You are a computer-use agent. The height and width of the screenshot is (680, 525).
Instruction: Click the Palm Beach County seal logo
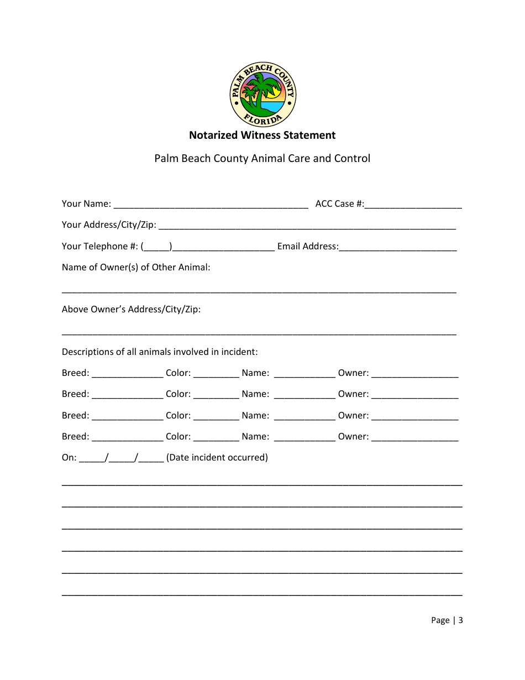tap(262, 95)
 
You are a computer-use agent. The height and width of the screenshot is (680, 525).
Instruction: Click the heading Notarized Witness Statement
tap(262, 135)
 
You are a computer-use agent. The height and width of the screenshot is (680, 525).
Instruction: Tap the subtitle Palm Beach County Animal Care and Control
tap(262, 159)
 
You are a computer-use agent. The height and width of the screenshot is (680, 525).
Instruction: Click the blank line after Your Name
tap(211, 205)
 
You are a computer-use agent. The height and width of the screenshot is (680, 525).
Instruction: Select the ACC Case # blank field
tap(413, 205)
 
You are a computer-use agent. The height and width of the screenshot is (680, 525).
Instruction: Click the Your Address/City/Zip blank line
tap(307, 226)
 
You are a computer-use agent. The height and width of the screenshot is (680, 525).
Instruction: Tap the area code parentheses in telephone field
tap(156, 247)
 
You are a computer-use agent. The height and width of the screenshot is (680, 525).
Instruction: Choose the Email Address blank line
tap(398, 247)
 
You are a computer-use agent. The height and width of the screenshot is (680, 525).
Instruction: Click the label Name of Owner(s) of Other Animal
tap(136, 268)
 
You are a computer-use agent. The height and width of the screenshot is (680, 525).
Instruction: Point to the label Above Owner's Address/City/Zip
tap(131, 310)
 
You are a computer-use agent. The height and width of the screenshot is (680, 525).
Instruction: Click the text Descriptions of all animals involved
tap(160, 352)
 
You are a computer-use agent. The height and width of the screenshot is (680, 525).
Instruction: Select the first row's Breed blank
tap(127, 374)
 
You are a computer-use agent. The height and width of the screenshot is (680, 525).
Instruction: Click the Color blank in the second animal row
tap(216, 395)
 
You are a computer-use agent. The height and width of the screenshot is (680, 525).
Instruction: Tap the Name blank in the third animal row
tap(305, 416)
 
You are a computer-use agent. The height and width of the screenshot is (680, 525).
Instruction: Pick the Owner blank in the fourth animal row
tap(414, 437)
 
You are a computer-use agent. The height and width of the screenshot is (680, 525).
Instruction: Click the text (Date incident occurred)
tap(217, 458)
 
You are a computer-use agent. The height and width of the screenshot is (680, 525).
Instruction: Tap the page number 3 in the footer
tap(460, 620)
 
